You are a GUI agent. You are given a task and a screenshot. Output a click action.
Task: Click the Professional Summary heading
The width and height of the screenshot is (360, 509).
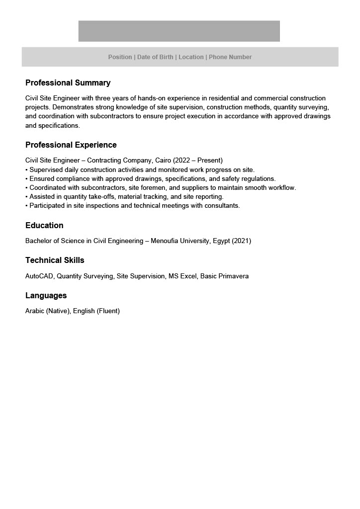[x=68, y=83]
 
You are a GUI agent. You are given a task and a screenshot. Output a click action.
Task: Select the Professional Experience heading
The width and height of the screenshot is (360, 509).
[x=71, y=145]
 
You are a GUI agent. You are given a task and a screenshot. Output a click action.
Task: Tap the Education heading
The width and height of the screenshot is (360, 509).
[x=44, y=226]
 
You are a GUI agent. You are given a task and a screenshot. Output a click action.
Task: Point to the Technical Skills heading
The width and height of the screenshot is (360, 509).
[x=55, y=260]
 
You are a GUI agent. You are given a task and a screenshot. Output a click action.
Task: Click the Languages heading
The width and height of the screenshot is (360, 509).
[x=46, y=296]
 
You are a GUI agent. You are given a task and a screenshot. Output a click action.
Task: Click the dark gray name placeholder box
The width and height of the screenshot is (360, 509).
[x=179, y=31]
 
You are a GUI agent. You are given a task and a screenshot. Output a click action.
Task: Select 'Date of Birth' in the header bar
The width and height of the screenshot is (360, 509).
[x=155, y=57]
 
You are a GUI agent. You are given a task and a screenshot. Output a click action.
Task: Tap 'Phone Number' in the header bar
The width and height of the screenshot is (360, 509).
[x=230, y=57]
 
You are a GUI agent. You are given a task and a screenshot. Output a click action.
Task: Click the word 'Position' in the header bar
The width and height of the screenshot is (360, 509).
[x=120, y=57]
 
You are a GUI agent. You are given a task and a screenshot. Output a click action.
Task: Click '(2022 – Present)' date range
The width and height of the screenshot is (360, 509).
[x=198, y=161]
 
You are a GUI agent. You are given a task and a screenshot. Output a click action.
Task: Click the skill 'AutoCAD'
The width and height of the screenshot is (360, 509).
[x=39, y=276]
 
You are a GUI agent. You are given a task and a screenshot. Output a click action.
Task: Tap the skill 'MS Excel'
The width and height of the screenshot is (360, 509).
[x=182, y=276]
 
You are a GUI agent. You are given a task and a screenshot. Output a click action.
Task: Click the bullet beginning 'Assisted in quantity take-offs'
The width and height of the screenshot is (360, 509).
[x=124, y=197]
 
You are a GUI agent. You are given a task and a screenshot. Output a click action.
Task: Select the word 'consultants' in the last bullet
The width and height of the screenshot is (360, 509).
[x=222, y=206]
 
